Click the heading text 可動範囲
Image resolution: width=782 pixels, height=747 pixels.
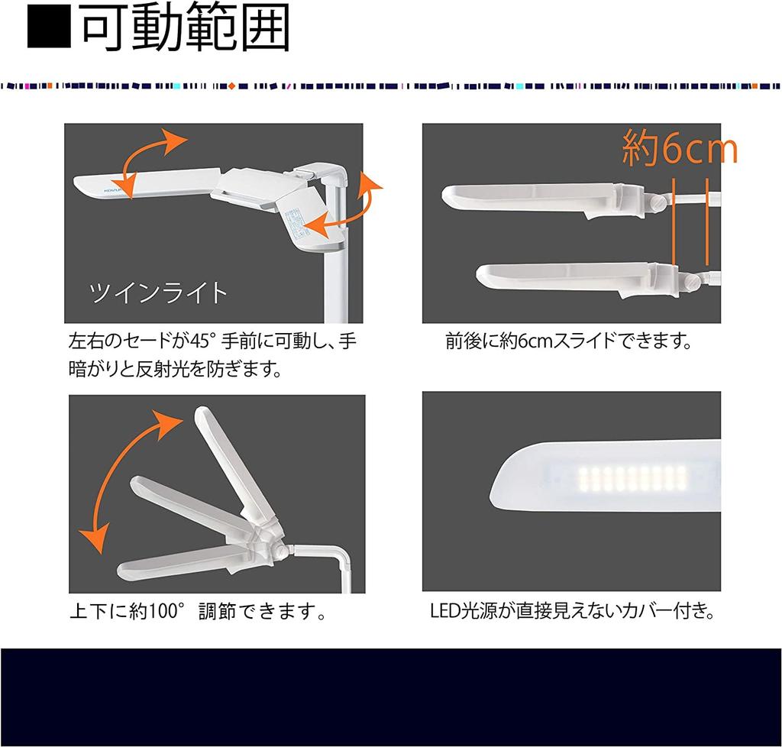186,30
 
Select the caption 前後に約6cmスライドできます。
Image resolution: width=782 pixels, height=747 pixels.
569,341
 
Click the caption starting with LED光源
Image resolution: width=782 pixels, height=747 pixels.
572,612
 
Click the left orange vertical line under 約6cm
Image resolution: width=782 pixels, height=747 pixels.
676,222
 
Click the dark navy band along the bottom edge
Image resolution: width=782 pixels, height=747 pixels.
391,697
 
